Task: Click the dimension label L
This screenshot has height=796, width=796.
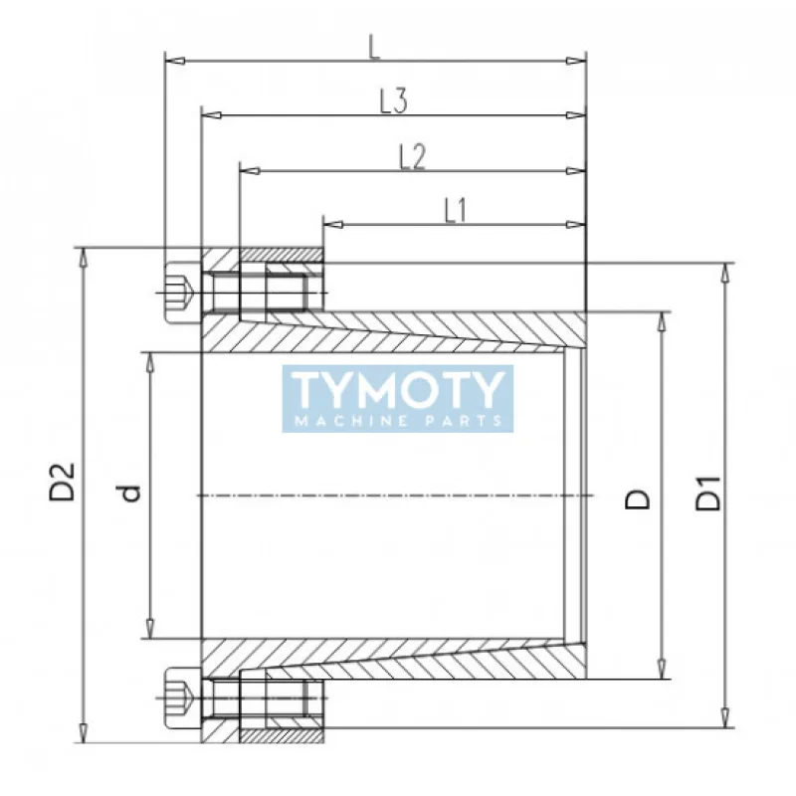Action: (x=374, y=47)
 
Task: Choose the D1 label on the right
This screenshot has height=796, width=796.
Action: (x=707, y=494)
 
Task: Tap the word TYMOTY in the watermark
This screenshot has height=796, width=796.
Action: (x=398, y=389)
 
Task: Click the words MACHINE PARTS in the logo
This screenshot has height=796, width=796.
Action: (x=398, y=421)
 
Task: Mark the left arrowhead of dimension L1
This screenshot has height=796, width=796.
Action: (x=330, y=224)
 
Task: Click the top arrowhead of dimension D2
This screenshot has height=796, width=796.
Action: (x=85, y=254)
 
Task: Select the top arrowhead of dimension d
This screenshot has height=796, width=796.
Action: (x=149, y=358)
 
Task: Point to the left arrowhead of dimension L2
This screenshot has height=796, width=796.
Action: (x=248, y=170)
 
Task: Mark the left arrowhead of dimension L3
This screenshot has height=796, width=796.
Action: (x=210, y=115)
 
